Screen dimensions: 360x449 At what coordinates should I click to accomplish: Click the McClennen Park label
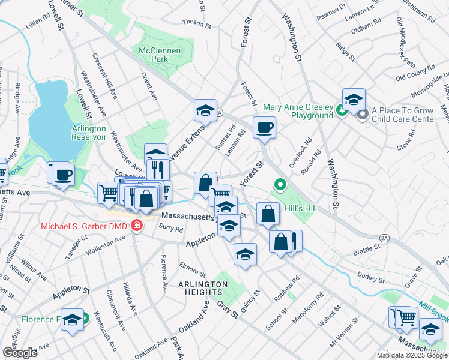(160, 56)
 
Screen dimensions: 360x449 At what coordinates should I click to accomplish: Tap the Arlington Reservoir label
(89, 133)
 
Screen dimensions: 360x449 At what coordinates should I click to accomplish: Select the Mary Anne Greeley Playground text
(297, 111)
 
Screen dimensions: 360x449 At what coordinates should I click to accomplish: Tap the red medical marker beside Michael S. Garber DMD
(137, 226)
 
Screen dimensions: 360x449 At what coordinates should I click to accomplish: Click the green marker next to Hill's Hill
(279, 185)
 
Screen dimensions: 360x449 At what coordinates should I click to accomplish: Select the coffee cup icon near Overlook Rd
(264, 128)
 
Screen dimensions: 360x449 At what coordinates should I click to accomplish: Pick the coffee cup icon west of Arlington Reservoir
(62, 175)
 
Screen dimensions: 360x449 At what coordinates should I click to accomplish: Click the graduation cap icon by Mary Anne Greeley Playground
(354, 99)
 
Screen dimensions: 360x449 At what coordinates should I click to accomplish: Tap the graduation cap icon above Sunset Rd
(205, 110)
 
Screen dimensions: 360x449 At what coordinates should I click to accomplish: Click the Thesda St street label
(197, 25)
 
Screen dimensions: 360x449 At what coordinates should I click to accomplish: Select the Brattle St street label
(369, 247)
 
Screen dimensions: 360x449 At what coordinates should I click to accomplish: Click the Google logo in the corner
(20, 353)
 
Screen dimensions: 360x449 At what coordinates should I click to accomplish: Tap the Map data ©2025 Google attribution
(412, 355)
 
